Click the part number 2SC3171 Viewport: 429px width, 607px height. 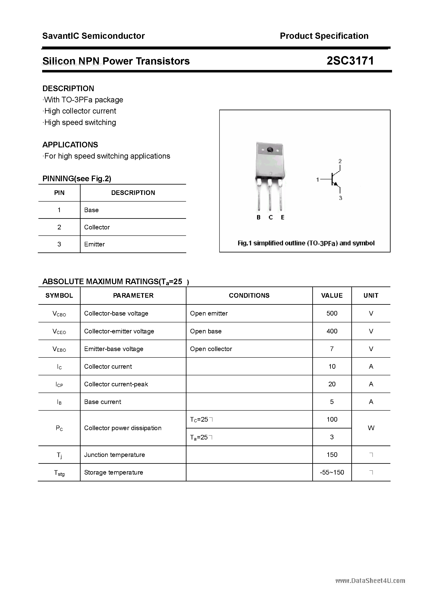tap(350, 61)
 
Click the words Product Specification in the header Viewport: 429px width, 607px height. tap(324, 36)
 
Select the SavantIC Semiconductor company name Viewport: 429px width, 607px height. tap(93, 36)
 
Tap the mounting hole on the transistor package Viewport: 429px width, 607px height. tap(270, 150)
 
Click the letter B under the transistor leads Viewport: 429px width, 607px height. tap(258, 217)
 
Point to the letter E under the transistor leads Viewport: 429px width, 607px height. tap(282, 217)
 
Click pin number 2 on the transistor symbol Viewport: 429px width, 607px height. tap(340, 161)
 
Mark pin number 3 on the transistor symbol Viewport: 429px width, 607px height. tap(340, 198)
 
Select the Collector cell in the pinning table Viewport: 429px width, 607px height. tap(97, 227)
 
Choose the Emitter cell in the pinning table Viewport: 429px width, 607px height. tap(94, 244)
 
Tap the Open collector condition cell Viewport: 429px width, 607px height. tap(211, 349)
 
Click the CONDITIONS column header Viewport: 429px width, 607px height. tap(249, 295)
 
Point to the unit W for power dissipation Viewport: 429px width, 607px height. tap(371, 428)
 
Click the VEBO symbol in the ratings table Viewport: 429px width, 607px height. tap(59, 349)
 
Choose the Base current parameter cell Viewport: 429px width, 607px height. tap(103, 401)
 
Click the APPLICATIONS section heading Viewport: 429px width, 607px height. tap(70, 145)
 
